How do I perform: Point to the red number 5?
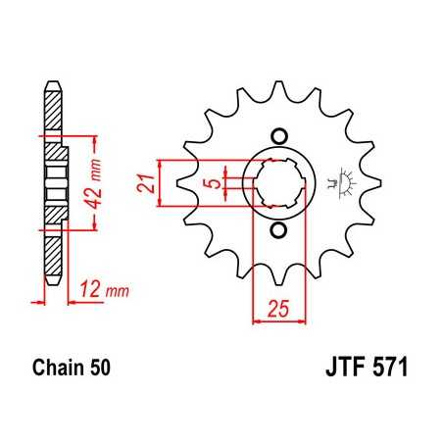coord(209,182)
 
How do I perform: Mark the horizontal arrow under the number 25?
coord(278,320)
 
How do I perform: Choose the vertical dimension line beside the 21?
coord(160,182)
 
